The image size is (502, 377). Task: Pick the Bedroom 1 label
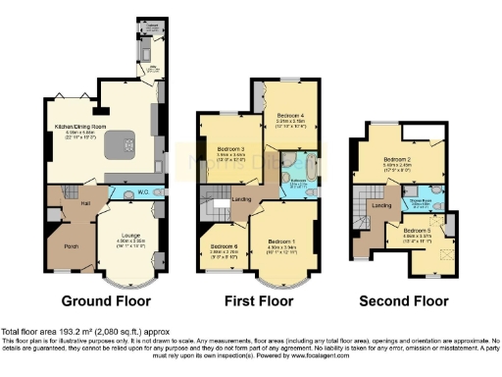point(282,242)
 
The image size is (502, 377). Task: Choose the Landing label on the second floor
point(382,204)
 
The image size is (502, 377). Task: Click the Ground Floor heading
point(105,300)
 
